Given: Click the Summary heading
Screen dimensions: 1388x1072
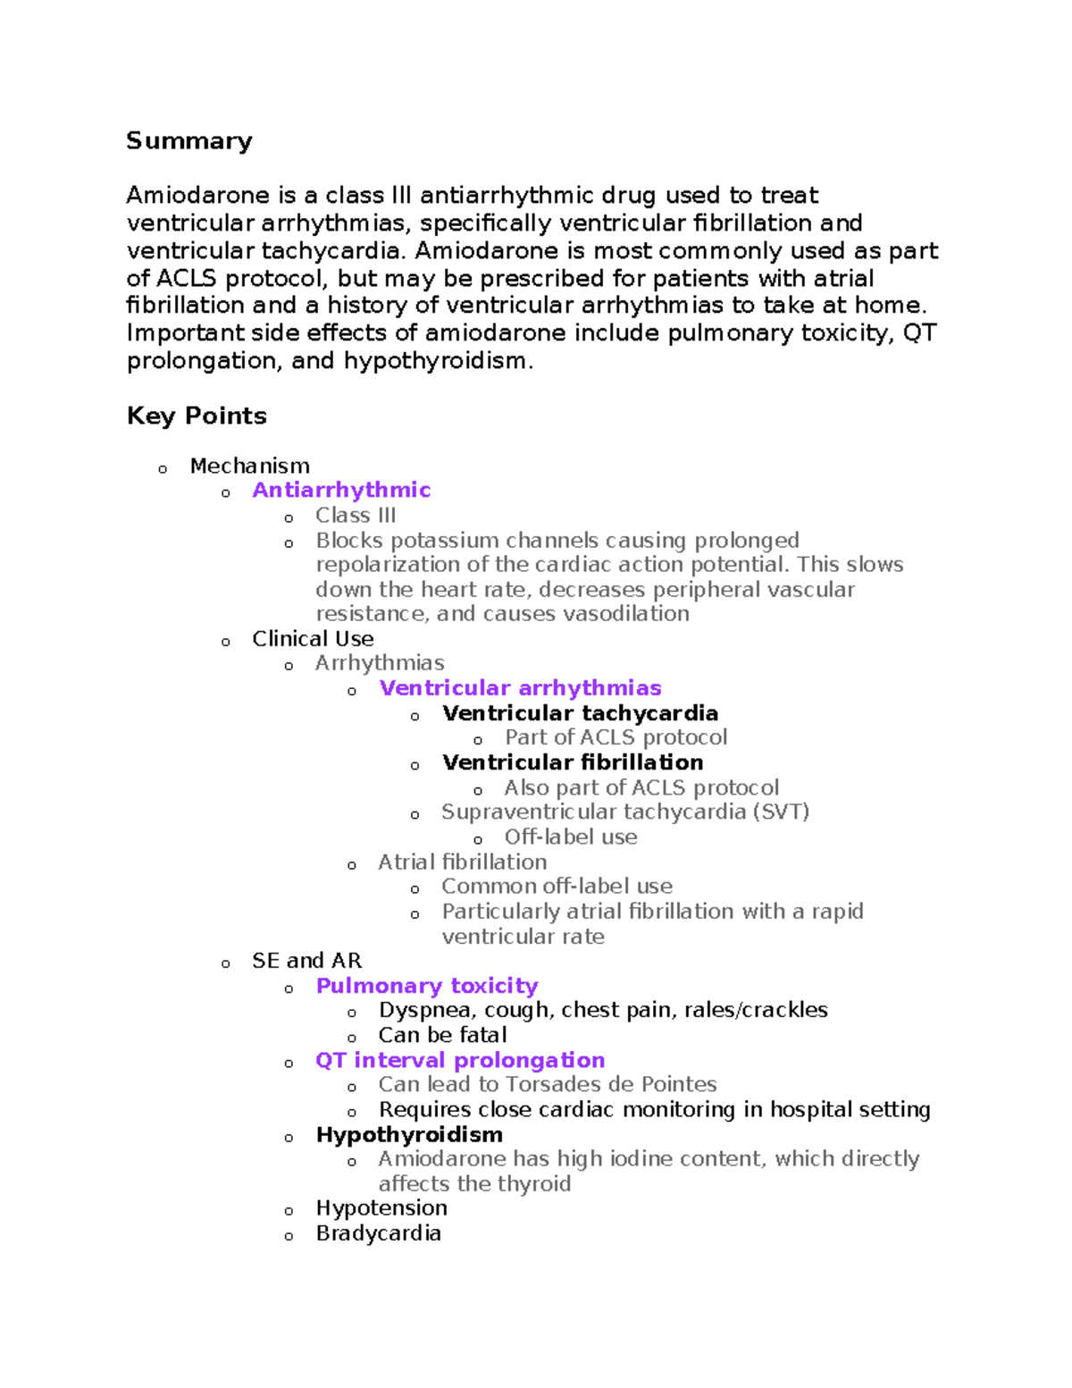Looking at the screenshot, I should click(188, 141).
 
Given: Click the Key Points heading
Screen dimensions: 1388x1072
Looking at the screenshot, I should click(197, 416).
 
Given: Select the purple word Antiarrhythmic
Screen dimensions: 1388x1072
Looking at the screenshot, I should click(341, 490).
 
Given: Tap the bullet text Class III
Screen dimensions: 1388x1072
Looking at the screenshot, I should click(356, 516).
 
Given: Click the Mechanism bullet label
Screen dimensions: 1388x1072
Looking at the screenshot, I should click(249, 466).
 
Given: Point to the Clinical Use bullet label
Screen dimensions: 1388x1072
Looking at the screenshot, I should click(313, 639).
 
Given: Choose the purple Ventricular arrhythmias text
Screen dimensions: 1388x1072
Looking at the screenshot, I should click(520, 688).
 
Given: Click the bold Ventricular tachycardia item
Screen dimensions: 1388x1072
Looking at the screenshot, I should click(580, 713).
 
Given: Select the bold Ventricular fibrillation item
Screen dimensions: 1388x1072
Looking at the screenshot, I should click(573, 762).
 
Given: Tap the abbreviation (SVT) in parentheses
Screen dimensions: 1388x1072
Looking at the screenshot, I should click(781, 812).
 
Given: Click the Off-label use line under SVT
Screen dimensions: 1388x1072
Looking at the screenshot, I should click(571, 837).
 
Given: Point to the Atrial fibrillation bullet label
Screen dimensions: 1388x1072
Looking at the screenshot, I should click(462, 862).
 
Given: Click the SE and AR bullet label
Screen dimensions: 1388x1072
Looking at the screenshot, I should click(306, 961).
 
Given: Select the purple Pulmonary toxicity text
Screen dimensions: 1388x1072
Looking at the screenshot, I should click(427, 986).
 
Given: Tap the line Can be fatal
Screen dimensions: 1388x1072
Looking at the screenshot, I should click(442, 1035).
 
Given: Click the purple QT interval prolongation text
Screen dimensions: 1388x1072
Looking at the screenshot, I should click(460, 1060).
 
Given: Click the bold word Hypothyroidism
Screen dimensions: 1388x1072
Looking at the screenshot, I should click(409, 1134).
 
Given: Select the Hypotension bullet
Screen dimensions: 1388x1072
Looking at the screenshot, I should click(381, 1208).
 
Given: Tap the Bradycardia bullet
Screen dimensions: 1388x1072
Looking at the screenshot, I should click(379, 1233).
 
